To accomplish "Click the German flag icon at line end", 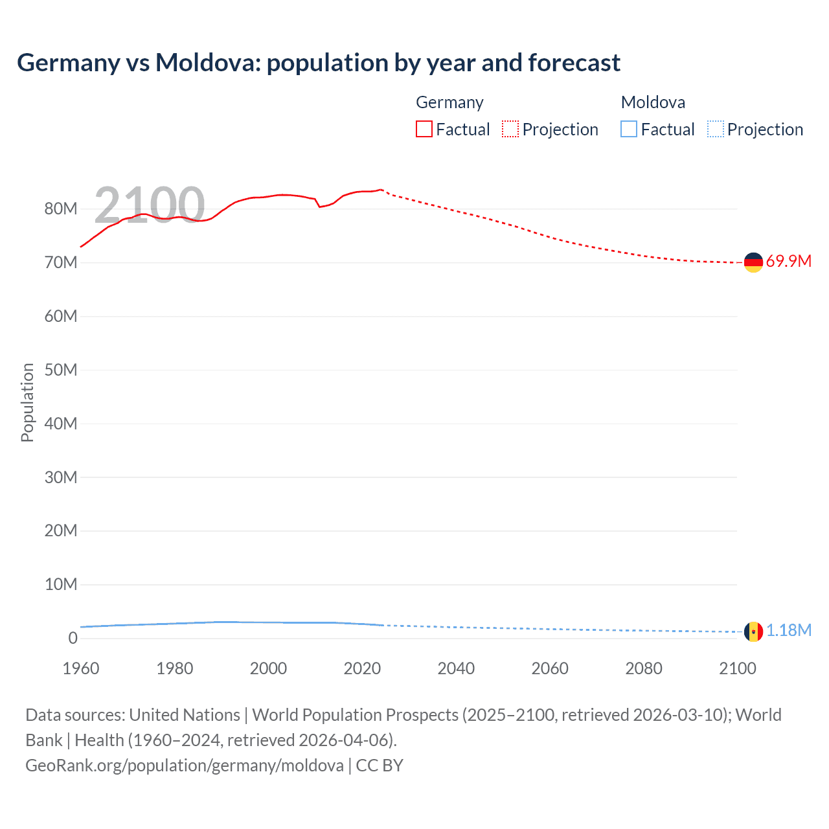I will [x=753, y=262].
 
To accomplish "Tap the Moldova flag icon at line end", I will [x=753, y=631].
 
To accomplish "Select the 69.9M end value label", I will [x=788, y=262].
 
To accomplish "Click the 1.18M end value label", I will [x=788, y=631].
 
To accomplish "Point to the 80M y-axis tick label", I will [x=61, y=209].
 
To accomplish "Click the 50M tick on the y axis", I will [x=61, y=370].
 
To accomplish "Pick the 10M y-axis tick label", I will [x=61, y=585].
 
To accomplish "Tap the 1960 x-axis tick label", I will [x=81, y=668].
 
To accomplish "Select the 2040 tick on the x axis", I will [x=456, y=668].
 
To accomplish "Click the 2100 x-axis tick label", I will [x=737, y=668].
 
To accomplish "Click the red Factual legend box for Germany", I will [x=424, y=130].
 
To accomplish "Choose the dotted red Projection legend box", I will [x=510, y=130].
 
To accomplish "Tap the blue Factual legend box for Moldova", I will [x=629, y=130].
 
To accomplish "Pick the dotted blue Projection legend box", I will [x=716, y=130].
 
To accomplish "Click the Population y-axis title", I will [x=27, y=402].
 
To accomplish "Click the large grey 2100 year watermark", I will [x=150, y=205].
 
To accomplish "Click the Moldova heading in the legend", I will [x=653, y=102].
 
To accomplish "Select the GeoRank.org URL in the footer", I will [x=185, y=766].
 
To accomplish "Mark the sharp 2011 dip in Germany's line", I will [x=319, y=207].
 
